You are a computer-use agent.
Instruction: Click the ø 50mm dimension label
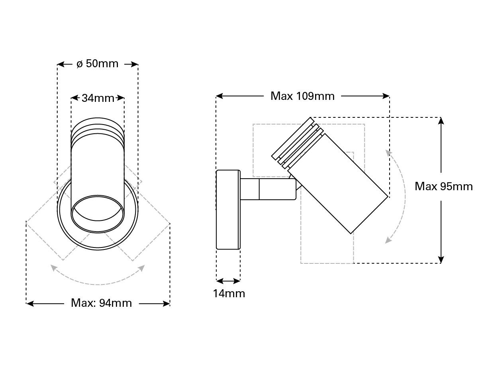pyautogui.click(x=98, y=64)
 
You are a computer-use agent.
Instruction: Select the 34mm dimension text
pyautogui.click(x=98, y=98)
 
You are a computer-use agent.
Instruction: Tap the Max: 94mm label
pyautogui.click(x=101, y=303)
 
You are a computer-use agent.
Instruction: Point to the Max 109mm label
pyautogui.click(x=302, y=96)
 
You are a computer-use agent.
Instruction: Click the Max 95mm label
pyautogui.click(x=443, y=186)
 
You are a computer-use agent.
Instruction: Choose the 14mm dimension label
pyautogui.click(x=229, y=294)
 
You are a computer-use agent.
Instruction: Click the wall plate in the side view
pyautogui.click(x=228, y=210)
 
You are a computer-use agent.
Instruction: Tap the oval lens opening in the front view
pyautogui.click(x=98, y=213)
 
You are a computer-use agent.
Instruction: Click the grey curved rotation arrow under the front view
pyautogui.click(x=98, y=280)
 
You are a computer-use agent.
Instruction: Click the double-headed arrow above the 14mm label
pyautogui.click(x=228, y=281)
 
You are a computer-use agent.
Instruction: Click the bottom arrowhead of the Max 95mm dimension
pyautogui.click(x=441, y=260)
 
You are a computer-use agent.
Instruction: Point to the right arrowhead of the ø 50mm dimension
pyautogui.click(x=135, y=64)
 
